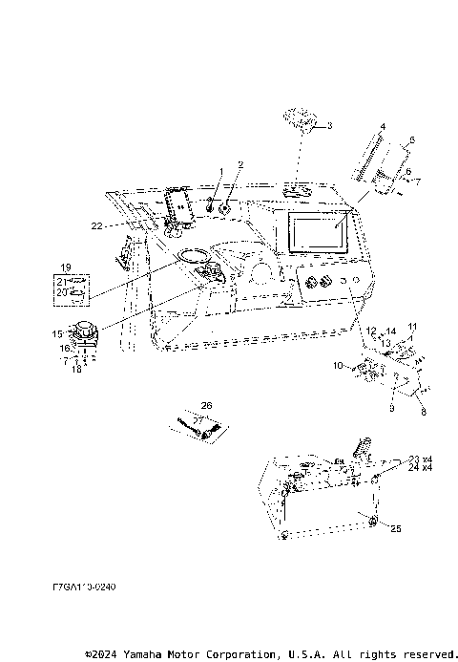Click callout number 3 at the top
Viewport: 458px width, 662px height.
[x=329, y=125]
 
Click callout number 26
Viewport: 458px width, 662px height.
[x=207, y=404]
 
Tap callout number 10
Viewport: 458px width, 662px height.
[x=336, y=365]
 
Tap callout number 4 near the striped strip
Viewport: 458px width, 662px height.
[x=383, y=127]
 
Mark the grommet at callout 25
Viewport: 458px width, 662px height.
[x=372, y=521]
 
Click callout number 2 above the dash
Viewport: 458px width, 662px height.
[x=241, y=165]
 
